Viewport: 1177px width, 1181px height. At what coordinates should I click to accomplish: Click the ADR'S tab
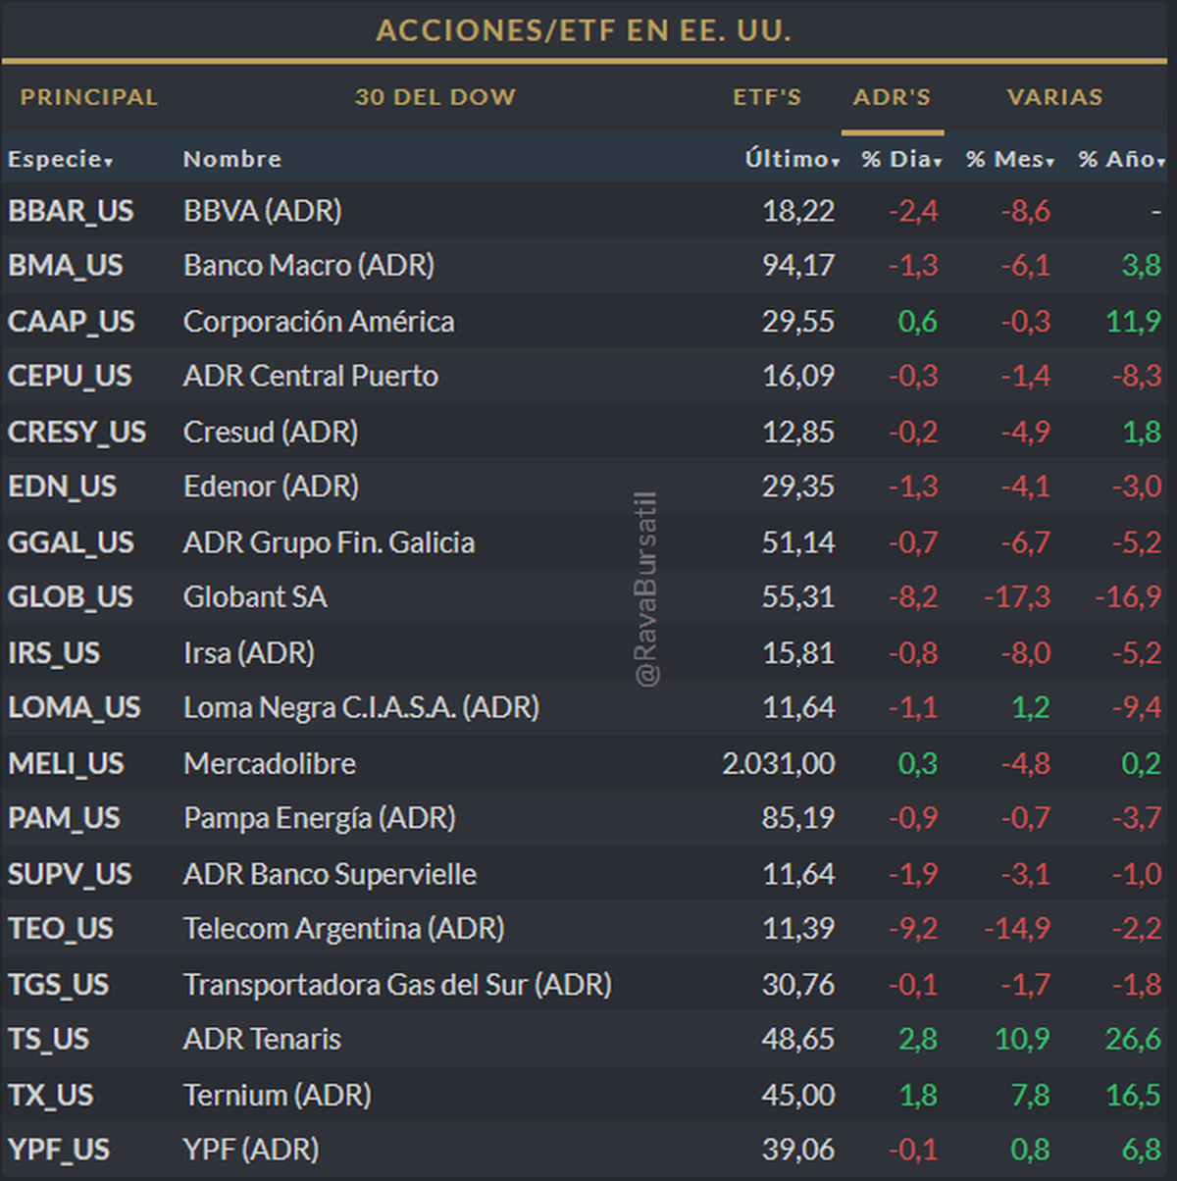tap(892, 97)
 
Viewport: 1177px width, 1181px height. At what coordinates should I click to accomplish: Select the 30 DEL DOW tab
tap(435, 97)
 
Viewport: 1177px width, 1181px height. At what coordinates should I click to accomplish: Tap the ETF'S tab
tap(767, 97)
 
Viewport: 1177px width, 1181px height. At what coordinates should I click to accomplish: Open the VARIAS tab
tap(1054, 97)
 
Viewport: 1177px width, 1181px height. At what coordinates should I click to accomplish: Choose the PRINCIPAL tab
tap(89, 97)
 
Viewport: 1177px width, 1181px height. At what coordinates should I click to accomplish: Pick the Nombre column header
tap(232, 159)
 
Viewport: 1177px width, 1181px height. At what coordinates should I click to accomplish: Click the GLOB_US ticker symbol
tap(71, 597)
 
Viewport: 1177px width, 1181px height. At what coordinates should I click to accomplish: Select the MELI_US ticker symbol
tap(66, 764)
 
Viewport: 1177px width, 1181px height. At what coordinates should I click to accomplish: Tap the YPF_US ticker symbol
tap(59, 1150)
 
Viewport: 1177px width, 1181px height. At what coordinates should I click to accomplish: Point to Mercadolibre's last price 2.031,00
tap(779, 764)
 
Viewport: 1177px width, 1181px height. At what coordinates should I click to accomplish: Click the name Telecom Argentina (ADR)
tap(343, 929)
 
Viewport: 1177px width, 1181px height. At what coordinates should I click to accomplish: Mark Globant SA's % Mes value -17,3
tap(1017, 597)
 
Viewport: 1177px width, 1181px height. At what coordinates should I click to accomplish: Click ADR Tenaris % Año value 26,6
tap(1133, 1039)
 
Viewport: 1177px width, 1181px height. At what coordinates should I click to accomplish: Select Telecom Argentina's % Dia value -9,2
tap(913, 929)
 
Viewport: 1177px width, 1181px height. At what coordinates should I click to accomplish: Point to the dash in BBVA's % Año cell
tap(1156, 211)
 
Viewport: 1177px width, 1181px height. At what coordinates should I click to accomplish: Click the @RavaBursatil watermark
tap(646, 589)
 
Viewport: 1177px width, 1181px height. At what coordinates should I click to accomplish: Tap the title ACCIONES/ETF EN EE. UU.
tap(584, 30)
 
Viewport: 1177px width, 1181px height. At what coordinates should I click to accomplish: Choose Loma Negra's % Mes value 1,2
tap(1031, 708)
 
